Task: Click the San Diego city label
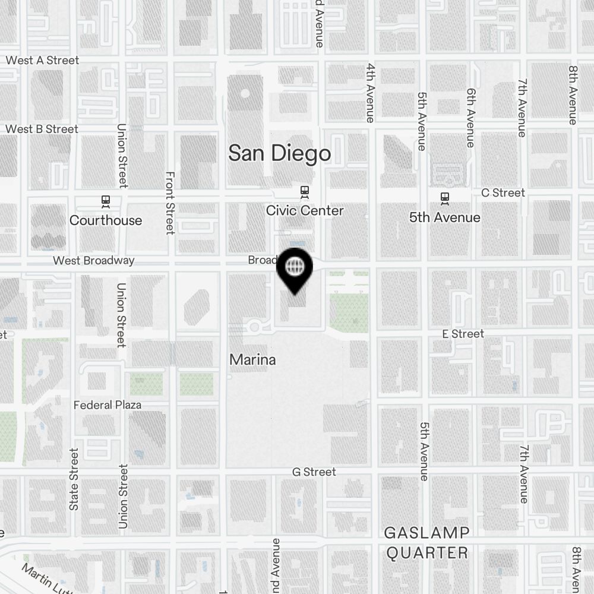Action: tap(279, 153)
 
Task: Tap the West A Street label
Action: tap(42, 60)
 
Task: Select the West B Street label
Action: tap(42, 129)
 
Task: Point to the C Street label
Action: tap(503, 192)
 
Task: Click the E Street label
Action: tap(463, 334)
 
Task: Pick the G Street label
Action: tap(314, 472)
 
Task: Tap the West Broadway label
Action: tap(93, 260)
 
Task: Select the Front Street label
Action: tap(170, 203)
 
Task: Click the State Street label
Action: tap(74, 479)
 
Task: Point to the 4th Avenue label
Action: tap(370, 93)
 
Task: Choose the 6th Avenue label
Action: tap(471, 118)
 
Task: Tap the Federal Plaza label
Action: tap(108, 405)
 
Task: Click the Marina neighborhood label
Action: tap(252, 359)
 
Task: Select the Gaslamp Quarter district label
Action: tap(426, 542)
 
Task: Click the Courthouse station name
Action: tap(106, 220)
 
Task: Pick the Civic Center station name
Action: tap(305, 210)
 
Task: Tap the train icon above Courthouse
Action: tap(106, 201)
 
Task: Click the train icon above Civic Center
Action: tap(305, 191)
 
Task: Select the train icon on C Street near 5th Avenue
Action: tap(444, 198)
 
